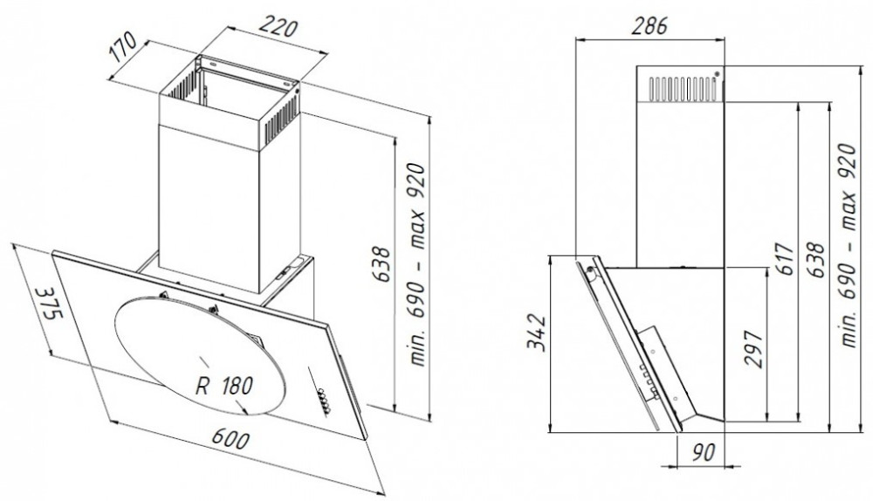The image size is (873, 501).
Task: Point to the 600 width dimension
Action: (230, 439)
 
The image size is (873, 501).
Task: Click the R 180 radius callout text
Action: (224, 385)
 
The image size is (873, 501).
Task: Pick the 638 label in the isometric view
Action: (382, 264)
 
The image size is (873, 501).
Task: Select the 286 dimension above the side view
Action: (650, 25)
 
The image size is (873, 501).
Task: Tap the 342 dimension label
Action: (536, 333)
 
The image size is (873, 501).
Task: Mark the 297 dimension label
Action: (753, 349)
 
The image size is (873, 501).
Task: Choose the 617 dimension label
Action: (785, 258)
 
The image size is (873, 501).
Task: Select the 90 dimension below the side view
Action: (703, 452)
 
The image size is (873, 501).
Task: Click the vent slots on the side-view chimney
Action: (684, 89)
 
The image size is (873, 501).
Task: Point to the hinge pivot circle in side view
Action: (589, 271)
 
